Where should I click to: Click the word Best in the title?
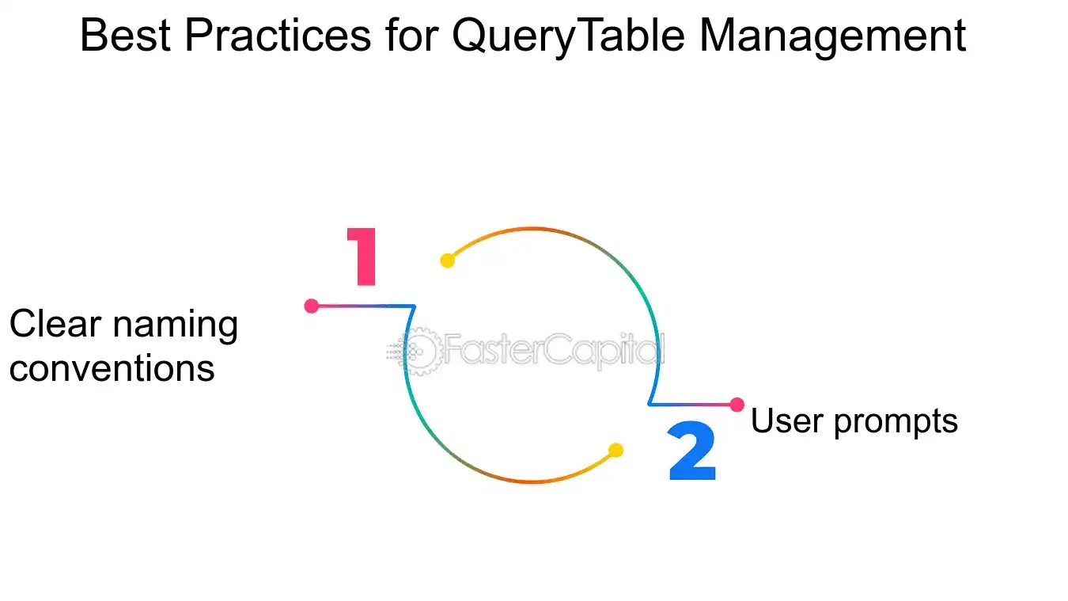pyautogui.click(x=126, y=36)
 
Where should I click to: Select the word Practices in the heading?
pyautogui.click(x=278, y=36)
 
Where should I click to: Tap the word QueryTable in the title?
pyautogui.click(x=569, y=37)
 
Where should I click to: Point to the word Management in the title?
pyautogui.click(x=833, y=37)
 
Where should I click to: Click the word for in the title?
pyautogui.click(x=412, y=36)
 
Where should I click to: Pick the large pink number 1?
pyautogui.click(x=362, y=257)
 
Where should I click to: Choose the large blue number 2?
pyautogui.click(x=692, y=450)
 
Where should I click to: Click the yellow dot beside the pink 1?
pyautogui.click(x=447, y=261)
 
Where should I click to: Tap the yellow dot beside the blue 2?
pyautogui.click(x=615, y=450)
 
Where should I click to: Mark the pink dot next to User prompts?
pyautogui.click(x=737, y=405)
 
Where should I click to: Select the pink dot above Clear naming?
pyautogui.click(x=312, y=306)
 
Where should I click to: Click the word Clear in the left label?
pyautogui.click(x=55, y=324)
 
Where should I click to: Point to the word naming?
pyautogui.click(x=176, y=326)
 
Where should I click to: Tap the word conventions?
pyautogui.click(x=112, y=368)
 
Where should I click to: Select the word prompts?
pyautogui.click(x=896, y=423)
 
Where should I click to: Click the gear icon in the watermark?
pyautogui.click(x=418, y=352)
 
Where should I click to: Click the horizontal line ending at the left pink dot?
pyautogui.click(x=362, y=306)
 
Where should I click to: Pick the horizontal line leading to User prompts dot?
pyautogui.click(x=692, y=405)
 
